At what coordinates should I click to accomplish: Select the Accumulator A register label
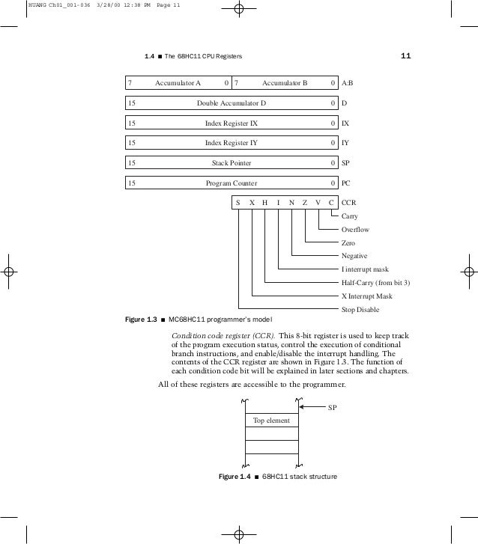coord(178,82)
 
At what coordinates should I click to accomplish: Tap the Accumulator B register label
coord(285,82)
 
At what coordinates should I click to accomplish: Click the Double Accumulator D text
coord(232,103)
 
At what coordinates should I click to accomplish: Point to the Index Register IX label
coord(232,123)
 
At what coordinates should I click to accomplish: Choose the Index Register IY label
coord(232,143)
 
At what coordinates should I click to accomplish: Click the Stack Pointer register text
coord(232,162)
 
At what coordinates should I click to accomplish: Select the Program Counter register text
coord(232,183)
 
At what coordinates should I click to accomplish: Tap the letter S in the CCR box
coord(238,203)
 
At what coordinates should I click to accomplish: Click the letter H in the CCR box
coord(265,203)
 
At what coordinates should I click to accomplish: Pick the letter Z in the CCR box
coord(305,203)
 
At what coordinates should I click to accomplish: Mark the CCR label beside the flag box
coord(348,203)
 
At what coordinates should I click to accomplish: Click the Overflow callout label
coord(355,230)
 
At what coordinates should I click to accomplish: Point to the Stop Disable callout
coord(360,309)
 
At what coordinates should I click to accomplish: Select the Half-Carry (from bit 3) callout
coord(376,283)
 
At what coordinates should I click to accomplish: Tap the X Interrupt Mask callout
coord(366,296)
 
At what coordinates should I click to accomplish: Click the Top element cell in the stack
coord(271,421)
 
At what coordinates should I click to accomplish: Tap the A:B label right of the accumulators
coord(348,82)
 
